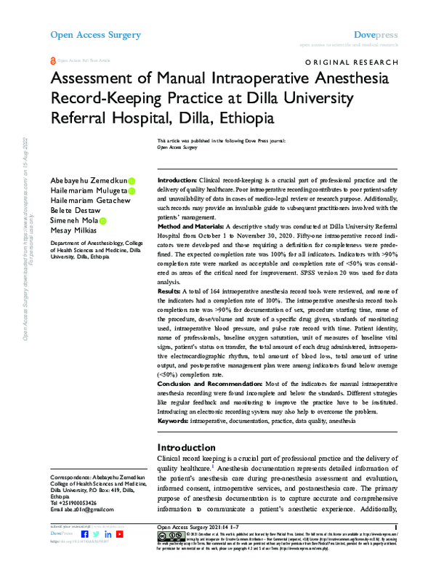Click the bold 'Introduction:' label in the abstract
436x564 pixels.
178,180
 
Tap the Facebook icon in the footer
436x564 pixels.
85,534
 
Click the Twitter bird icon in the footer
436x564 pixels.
97,534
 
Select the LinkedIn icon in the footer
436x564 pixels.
108,534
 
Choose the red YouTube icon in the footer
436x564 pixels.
120,534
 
